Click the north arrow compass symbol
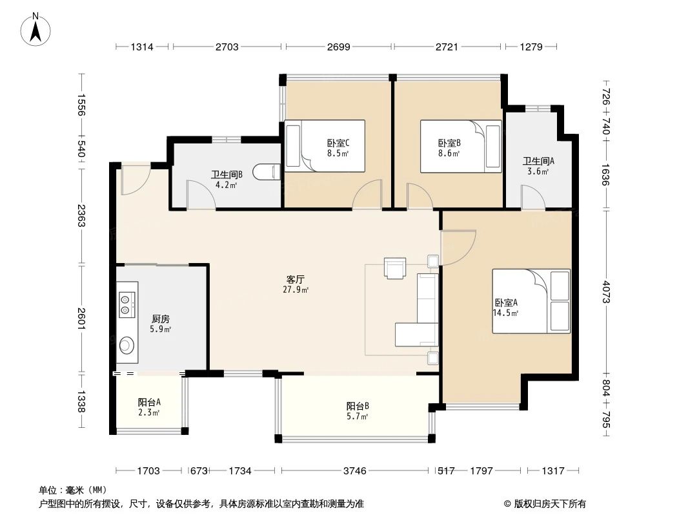tap(37, 30)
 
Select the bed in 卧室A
tap(531, 301)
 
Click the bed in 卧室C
tap(325, 146)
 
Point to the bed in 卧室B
tap(461, 147)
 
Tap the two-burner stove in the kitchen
tap(126, 304)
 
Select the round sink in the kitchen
tap(126, 346)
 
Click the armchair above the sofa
tap(395, 268)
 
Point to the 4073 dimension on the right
tap(605, 291)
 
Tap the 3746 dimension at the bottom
tap(354, 471)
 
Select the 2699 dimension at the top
tap(338, 47)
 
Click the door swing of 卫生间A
tap(532, 197)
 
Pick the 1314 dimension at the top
tap(143, 47)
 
